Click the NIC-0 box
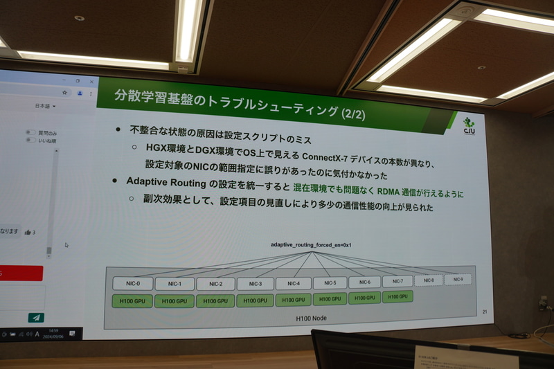132,284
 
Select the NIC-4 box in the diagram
293,283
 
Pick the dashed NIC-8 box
429,280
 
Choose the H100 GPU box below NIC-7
397,297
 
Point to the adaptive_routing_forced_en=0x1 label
311,245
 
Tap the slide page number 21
485,312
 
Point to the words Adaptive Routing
166,181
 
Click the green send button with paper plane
35,318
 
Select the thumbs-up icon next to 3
27,233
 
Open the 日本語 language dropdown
45,107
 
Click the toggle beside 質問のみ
30,132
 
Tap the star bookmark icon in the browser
64,91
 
